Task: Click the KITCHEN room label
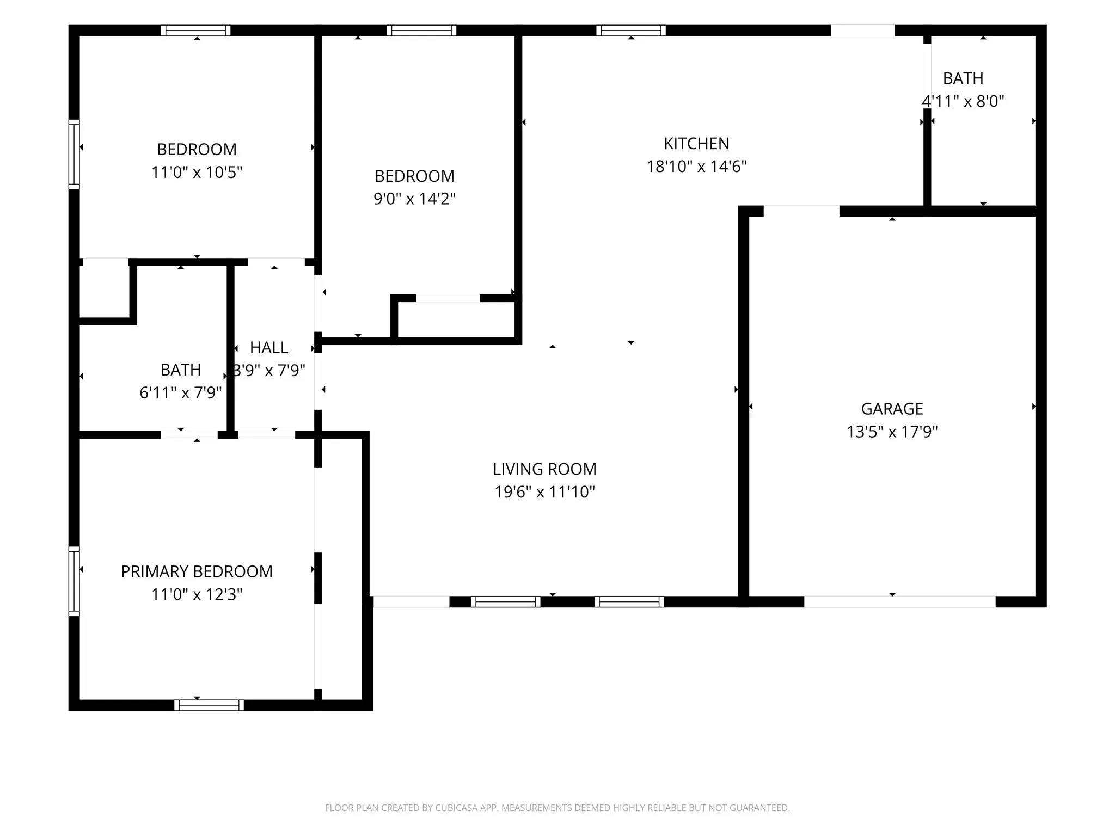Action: [x=696, y=144]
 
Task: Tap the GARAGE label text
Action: [x=892, y=409]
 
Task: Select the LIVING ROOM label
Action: [x=544, y=469]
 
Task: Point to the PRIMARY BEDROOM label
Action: [x=197, y=571]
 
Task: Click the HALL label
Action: [x=269, y=347]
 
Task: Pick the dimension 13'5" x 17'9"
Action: [x=892, y=432]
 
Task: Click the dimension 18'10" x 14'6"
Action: [x=696, y=166]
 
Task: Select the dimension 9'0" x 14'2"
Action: [x=414, y=199]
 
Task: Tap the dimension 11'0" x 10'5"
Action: [x=197, y=172]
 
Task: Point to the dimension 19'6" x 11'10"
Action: [x=544, y=491]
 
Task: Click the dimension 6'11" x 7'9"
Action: [x=181, y=392]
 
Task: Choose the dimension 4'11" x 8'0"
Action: [x=963, y=101]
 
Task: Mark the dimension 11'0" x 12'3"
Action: [x=197, y=594]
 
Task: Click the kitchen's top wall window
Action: [x=631, y=30]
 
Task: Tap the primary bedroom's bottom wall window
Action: [x=209, y=705]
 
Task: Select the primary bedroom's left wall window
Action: [x=74, y=581]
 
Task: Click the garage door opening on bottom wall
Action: [x=900, y=601]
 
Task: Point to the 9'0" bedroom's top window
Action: [x=421, y=30]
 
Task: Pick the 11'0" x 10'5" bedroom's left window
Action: [x=74, y=155]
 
